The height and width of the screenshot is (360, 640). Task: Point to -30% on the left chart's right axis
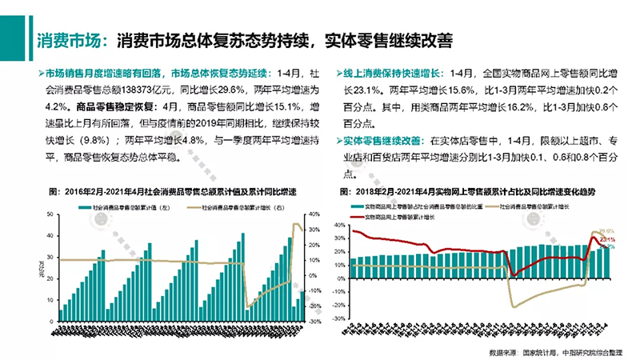314,322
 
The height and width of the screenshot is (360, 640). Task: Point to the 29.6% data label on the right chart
606,230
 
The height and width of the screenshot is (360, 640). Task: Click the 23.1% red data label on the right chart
607,239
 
